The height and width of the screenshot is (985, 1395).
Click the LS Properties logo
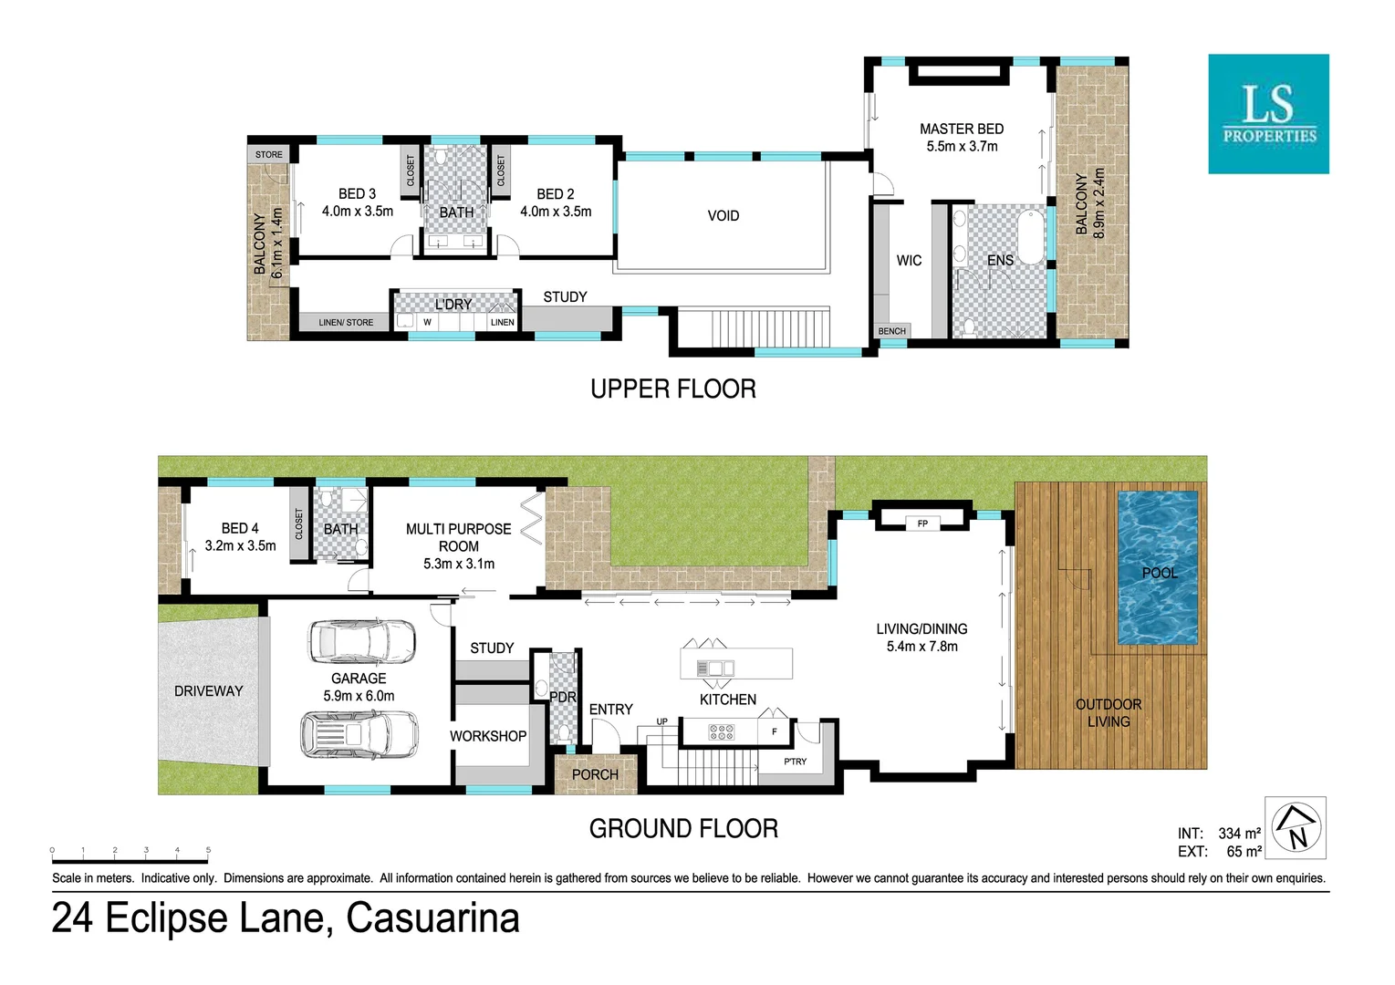click(1268, 114)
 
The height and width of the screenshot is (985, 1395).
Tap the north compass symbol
click(1296, 828)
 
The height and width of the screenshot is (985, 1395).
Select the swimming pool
click(1158, 568)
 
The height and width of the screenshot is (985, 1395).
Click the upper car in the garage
click(362, 641)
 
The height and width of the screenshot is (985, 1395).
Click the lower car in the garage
click(359, 733)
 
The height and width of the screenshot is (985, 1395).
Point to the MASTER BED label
click(962, 130)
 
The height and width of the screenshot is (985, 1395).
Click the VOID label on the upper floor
click(723, 216)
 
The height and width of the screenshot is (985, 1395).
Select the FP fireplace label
click(922, 524)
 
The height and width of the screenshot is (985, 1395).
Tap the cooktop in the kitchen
click(721, 731)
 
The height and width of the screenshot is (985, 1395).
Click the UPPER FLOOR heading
click(673, 389)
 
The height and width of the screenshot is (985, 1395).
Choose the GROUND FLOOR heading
click(683, 829)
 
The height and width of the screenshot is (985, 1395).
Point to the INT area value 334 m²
click(1239, 834)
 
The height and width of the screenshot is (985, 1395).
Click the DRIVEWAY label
click(209, 691)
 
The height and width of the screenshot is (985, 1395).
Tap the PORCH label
click(595, 774)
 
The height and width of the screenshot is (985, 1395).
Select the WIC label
click(909, 261)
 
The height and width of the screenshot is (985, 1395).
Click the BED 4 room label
click(240, 529)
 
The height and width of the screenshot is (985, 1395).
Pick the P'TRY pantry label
click(795, 762)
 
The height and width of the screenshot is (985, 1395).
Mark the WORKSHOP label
click(488, 736)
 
